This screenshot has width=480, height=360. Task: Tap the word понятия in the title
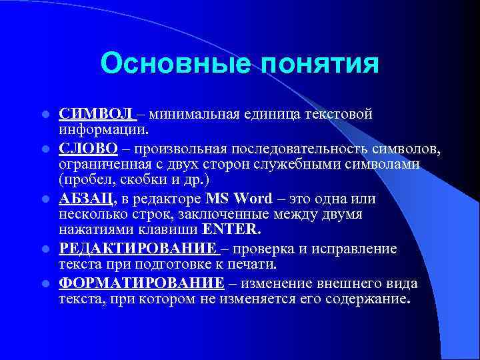click(x=319, y=64)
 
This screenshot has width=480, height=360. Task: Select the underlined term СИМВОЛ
click(x=96, y=114)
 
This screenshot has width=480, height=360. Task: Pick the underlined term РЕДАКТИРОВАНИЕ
click(x=137, y=249)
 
